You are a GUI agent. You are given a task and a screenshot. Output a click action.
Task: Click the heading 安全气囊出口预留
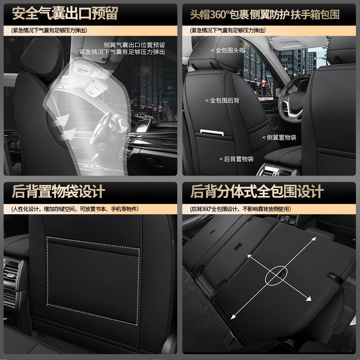pyautogui.click(x=65, y=13)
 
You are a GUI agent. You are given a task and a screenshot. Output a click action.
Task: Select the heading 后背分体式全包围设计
pyautogui.click(x=257, y=192)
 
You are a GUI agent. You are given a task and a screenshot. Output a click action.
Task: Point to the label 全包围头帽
pyautogui.click(x=229, y=50)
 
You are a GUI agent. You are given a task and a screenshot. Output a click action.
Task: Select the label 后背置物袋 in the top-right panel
pyautogui.click(x=237, y=159)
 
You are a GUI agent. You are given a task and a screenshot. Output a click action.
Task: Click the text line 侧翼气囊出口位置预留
pyautogui.click(x=134, y=45)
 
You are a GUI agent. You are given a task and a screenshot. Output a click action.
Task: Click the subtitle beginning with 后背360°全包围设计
pyautogui.click(x=241, y=209)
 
